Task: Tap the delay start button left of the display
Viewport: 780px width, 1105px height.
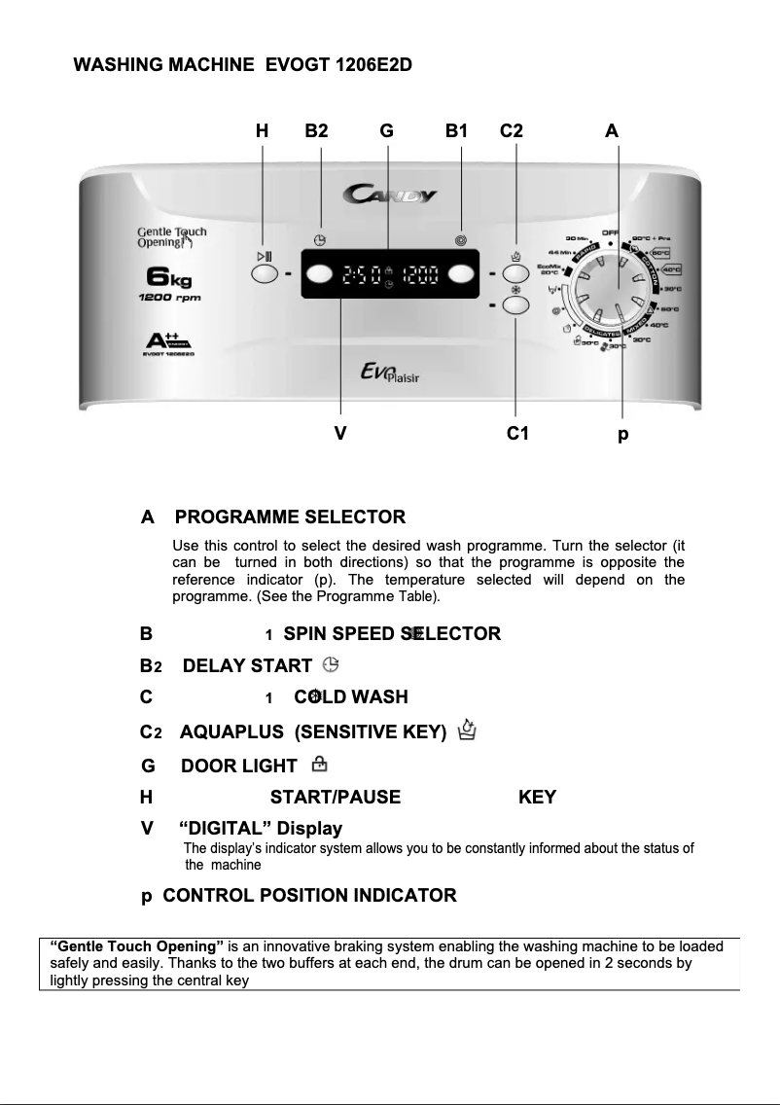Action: pyautogui.click(x=319, y=273)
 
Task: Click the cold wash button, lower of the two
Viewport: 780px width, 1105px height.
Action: pyautogui.click(x=516, y=306)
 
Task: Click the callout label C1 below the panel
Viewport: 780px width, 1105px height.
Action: pyautogui.click(x=517, y=434)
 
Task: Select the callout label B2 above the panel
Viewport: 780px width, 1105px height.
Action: pyautogui.click(x=316, y=130)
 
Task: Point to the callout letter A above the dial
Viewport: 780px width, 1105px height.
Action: pyautogui.click(x=611, y=130)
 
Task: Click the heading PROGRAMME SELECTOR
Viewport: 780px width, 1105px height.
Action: pyautogui.click(x=297, y=517)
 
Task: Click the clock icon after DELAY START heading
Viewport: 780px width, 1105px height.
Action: pyautogui.click(x=332, y=665)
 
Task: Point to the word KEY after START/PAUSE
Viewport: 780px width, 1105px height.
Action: pyautogui.click(x=537, y=798)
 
